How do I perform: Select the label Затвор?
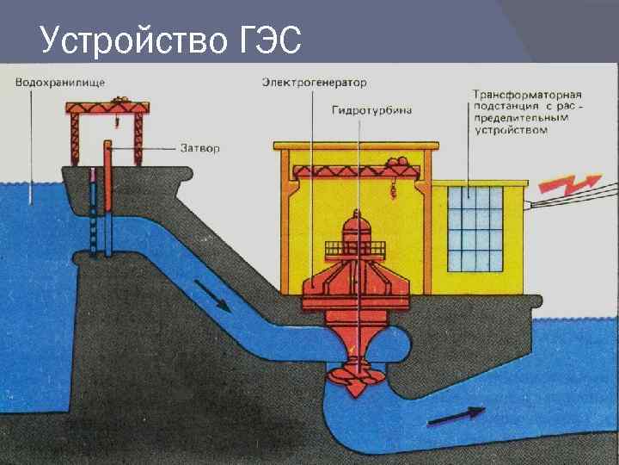click(x=200, y=148)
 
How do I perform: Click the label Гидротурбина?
click(x=371, y=109)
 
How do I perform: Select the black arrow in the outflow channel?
click(x=456, y=416)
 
